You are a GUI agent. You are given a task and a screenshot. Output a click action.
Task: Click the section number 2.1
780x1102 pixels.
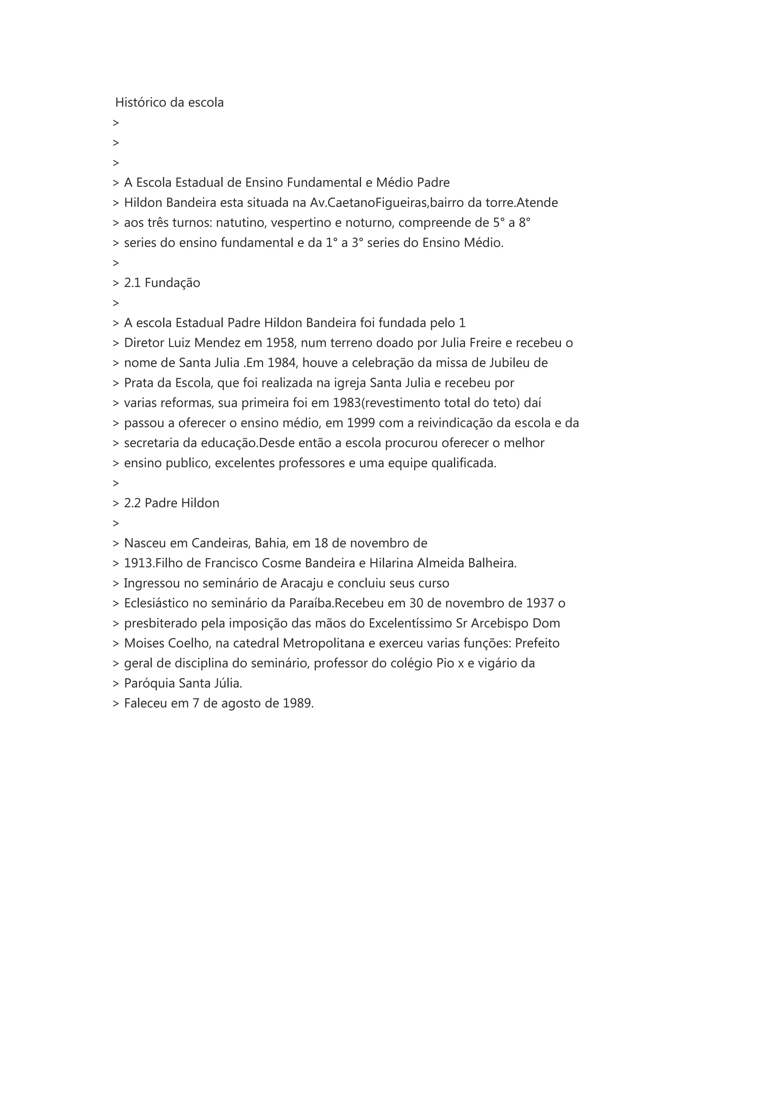click(x=132, y=283)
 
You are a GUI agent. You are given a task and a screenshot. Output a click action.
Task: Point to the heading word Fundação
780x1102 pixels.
click(x=173, y=283)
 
